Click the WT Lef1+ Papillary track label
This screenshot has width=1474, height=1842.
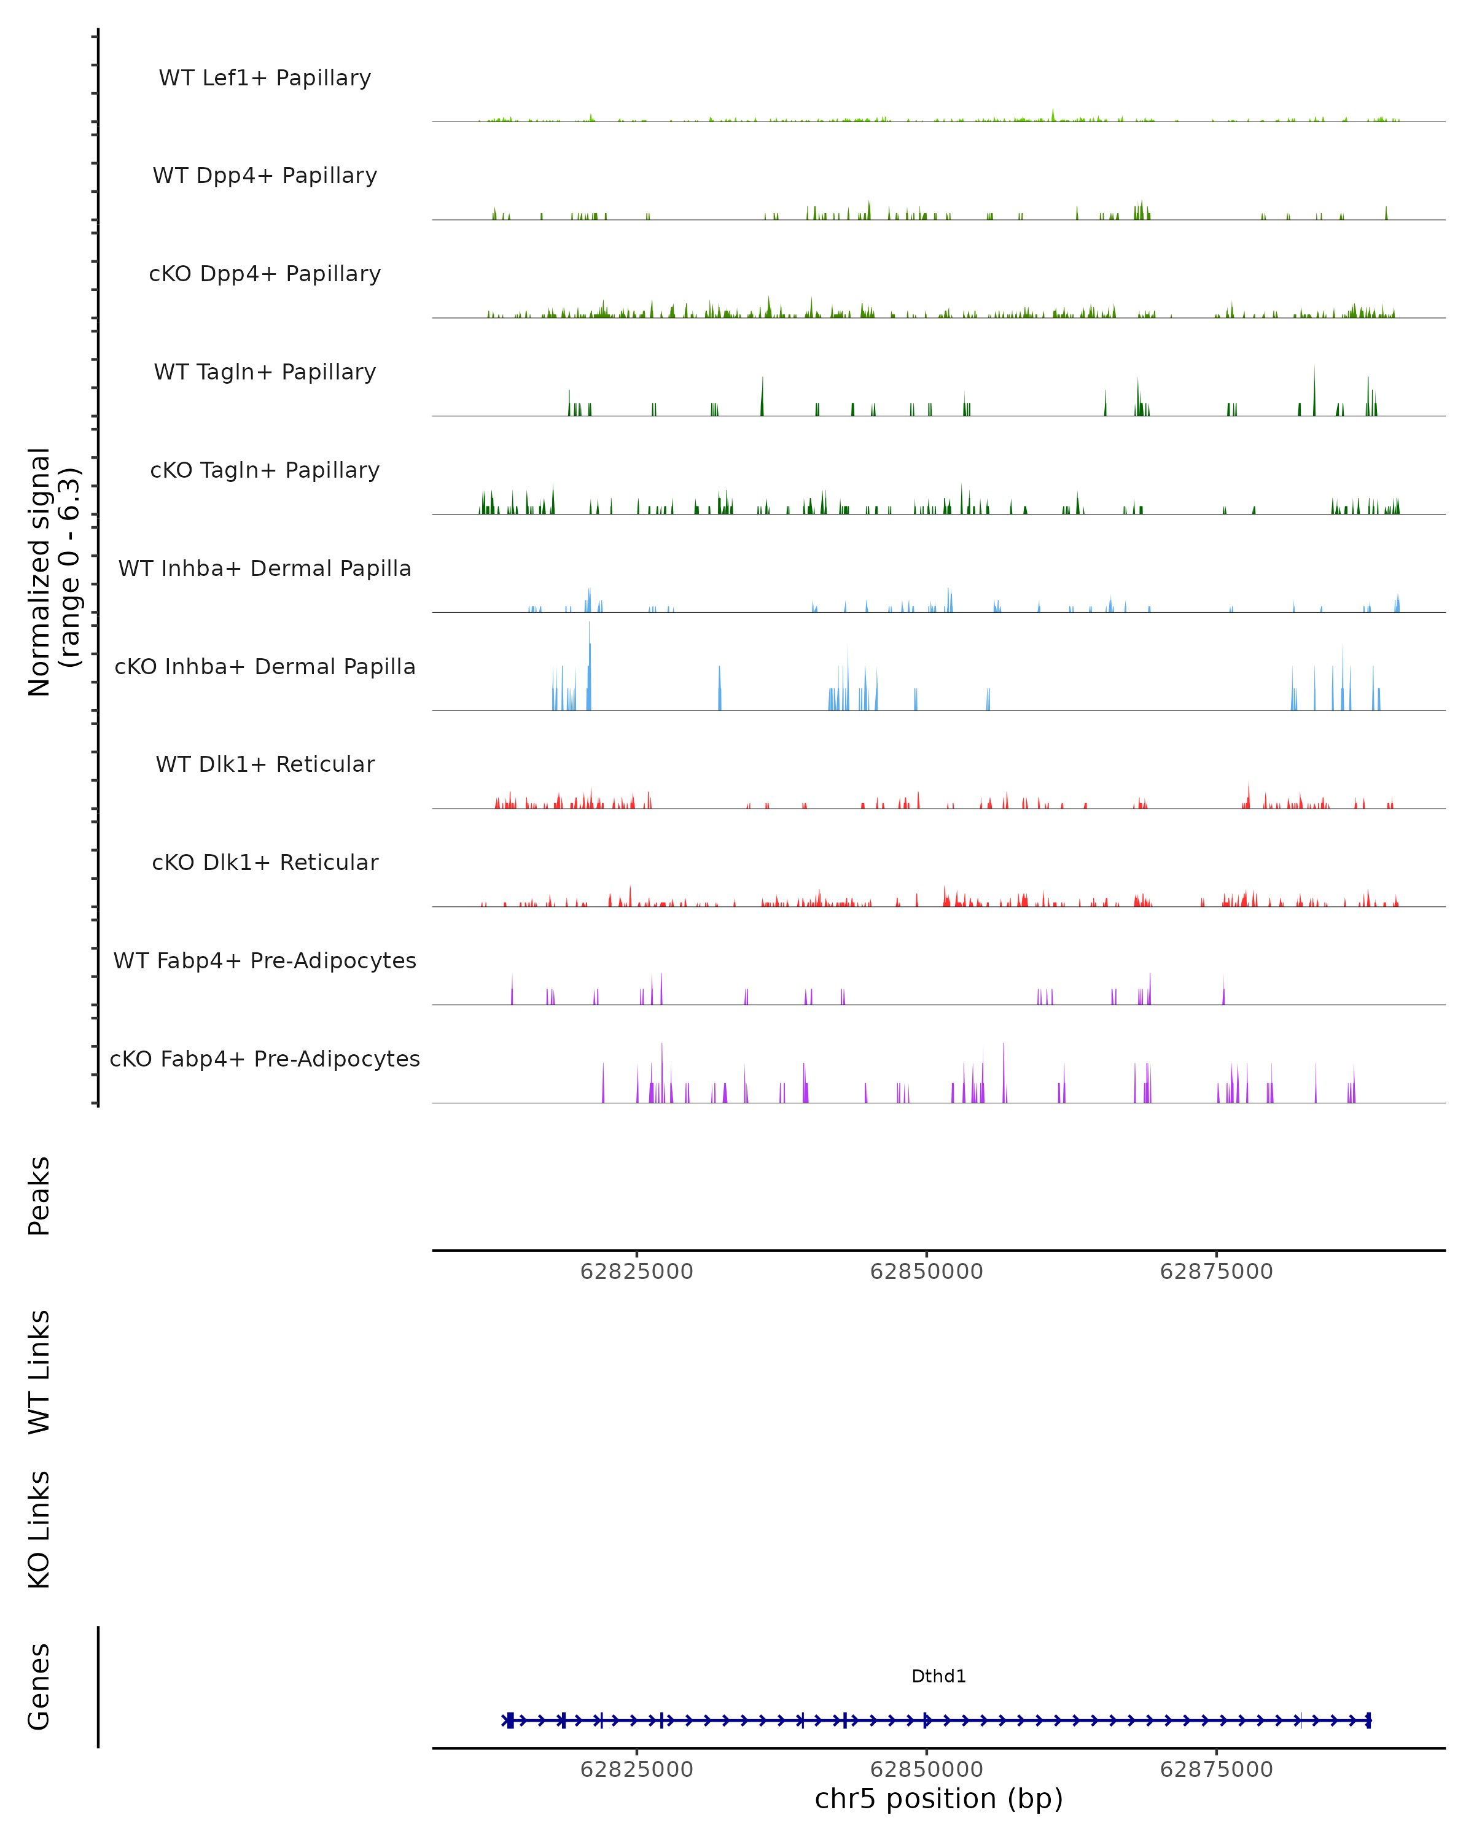click(265, 78)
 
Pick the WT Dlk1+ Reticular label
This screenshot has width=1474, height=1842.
click(265, 764)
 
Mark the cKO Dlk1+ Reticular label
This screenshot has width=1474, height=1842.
click(265, 862)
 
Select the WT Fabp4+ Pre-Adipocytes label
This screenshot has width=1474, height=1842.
click(265, 960)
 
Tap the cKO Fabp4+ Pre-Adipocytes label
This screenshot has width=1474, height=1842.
click(265, 1059)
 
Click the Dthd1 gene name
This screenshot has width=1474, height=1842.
click(938, 1676)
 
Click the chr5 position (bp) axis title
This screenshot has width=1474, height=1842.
click(938, 1798)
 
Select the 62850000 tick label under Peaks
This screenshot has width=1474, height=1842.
click(926, 1272)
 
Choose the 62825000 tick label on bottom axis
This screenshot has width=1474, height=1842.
click(637, 1770)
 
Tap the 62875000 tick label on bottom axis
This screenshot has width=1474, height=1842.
click(1216, 1770)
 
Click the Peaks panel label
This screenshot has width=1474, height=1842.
click(39, 1196)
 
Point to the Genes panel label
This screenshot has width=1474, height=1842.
click(39, 1687)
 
